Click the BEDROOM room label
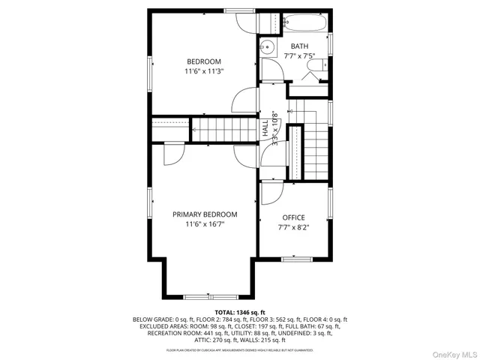point(204,61)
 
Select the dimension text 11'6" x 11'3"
point(204,71)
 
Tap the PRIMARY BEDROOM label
point(204,214)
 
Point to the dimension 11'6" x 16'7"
point(204,224)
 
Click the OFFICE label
point(293,217)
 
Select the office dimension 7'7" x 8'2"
point(293,227)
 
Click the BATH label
point(299,46)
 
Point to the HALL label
point(265,128)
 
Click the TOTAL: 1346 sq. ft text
point(240,311)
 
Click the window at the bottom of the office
point(296,259)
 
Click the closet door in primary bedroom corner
point(171,154)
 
